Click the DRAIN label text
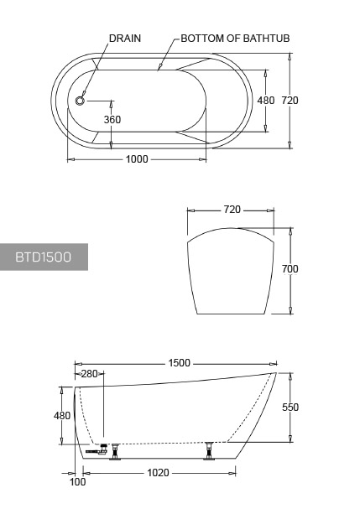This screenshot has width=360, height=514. click(x=125, y=39)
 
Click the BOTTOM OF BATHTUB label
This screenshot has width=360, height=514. click(x=235, y=39)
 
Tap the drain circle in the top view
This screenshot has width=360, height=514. click(x=80, y=101)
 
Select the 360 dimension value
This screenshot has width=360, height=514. click(x=112, y=120)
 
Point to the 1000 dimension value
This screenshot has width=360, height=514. click(x=137, y=159)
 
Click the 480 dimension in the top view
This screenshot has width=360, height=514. click(x=265, y=101)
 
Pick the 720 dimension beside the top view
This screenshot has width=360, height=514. click(x=290, y=101)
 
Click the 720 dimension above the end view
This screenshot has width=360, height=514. click(x=232, y=210)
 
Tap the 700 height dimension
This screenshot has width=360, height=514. click(x=290, y=269)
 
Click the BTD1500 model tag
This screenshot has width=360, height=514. click(x=43, y=257)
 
